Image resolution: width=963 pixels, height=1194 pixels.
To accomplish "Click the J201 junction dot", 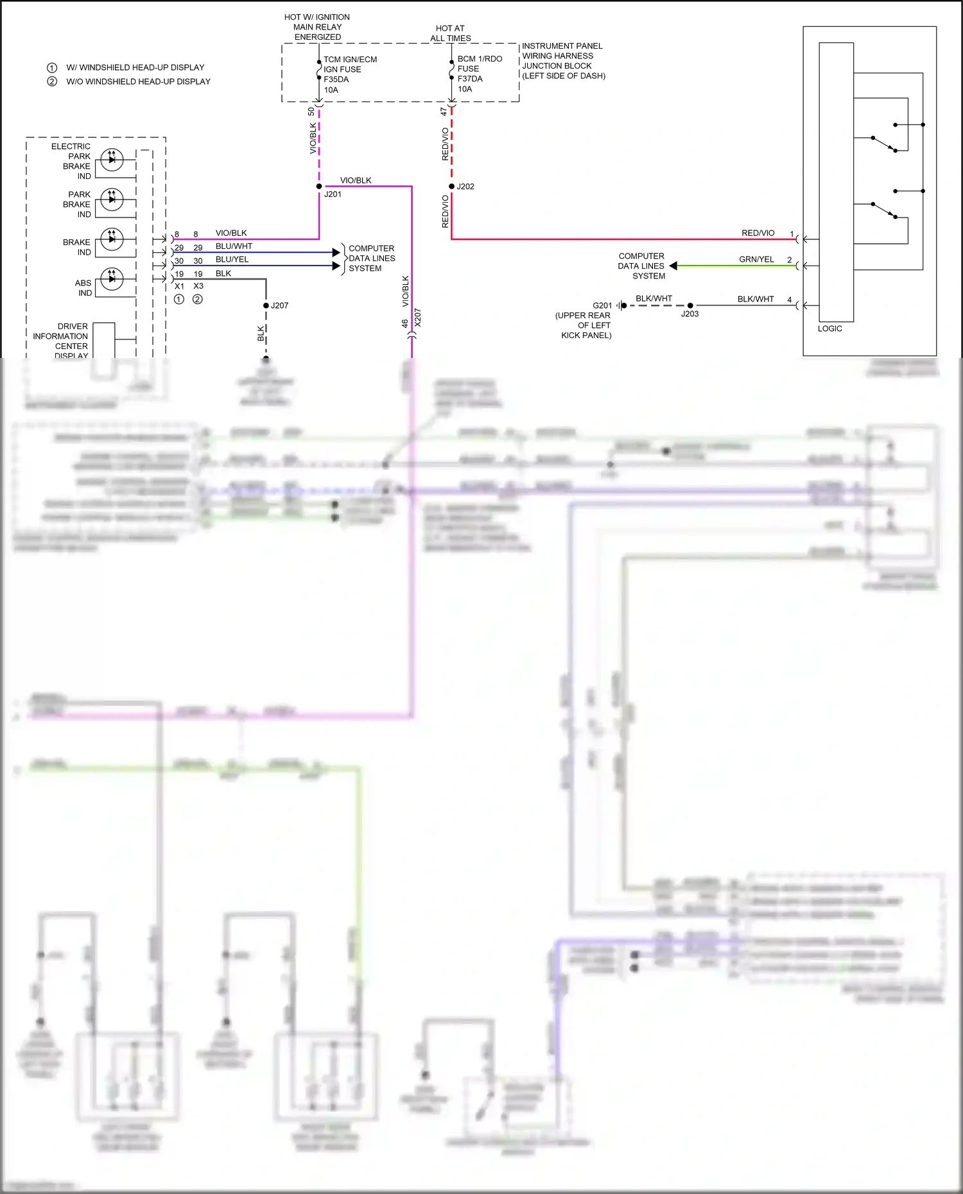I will pos(319,187).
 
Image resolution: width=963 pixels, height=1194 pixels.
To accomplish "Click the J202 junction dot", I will pos(451,187).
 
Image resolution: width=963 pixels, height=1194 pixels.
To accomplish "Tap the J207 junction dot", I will pos(266,305).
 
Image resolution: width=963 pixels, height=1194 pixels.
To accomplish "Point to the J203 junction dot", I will pos(690,305).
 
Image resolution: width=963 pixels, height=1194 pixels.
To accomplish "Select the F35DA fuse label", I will pos(336,80).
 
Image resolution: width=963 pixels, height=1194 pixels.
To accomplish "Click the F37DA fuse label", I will pos(470,79).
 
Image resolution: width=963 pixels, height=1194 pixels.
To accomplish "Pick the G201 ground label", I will pos(602,305).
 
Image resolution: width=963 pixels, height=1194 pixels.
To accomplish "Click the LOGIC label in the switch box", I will pos(829,328).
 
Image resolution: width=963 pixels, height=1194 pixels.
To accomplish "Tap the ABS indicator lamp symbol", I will pos(112,278).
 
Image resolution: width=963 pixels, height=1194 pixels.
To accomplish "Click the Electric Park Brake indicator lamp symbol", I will pos(112,158).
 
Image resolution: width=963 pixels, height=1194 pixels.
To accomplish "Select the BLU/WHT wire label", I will pos(234,246).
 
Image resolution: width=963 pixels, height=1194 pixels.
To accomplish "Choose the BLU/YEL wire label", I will pos(232,260).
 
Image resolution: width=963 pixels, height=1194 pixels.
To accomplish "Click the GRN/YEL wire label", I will pos(756,260).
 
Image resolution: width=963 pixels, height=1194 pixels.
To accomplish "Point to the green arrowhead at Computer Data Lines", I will pos(673,266).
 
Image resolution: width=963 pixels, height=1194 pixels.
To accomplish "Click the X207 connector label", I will pos(418,318).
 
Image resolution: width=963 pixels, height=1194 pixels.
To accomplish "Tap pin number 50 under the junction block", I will pos(311,112).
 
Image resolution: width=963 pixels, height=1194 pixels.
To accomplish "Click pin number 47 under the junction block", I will pos(444,112).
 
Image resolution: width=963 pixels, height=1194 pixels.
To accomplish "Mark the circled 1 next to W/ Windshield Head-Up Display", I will pos(52,67).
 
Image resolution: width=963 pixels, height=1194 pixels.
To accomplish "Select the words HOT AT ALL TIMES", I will pos(450,33).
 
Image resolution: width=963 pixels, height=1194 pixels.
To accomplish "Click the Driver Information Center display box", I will pos(104,340).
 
